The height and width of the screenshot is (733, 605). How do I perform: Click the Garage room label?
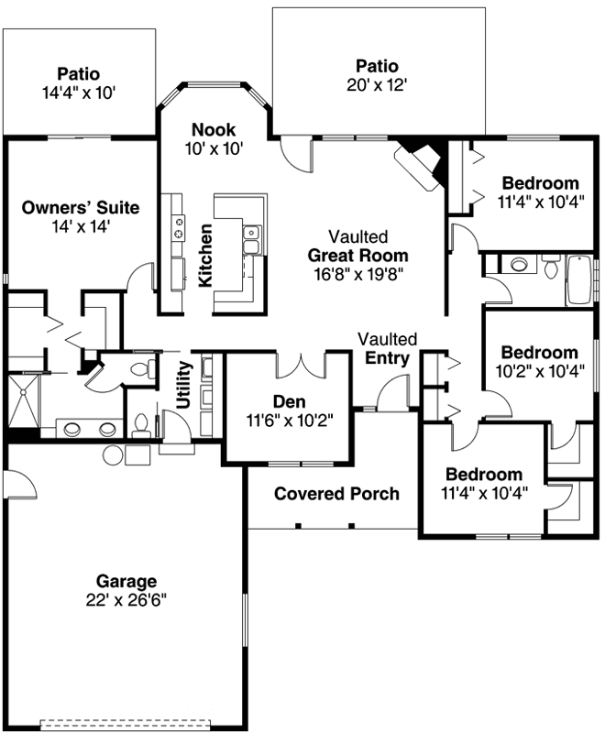click(126, 581)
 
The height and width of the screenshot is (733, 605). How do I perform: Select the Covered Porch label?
click(336, 494)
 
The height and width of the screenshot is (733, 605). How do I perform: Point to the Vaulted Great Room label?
click(357, 255)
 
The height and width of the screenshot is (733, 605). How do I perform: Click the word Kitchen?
click(207, 255)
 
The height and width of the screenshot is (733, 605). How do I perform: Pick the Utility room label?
click(184, 385)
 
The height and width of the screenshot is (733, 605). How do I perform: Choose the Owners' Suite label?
click(81, 208)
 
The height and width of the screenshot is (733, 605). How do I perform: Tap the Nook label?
click(214, 129)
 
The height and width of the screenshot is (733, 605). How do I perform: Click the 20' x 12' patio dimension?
click(377, 83)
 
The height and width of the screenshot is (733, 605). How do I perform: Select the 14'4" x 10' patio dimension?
click(78, 92)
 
